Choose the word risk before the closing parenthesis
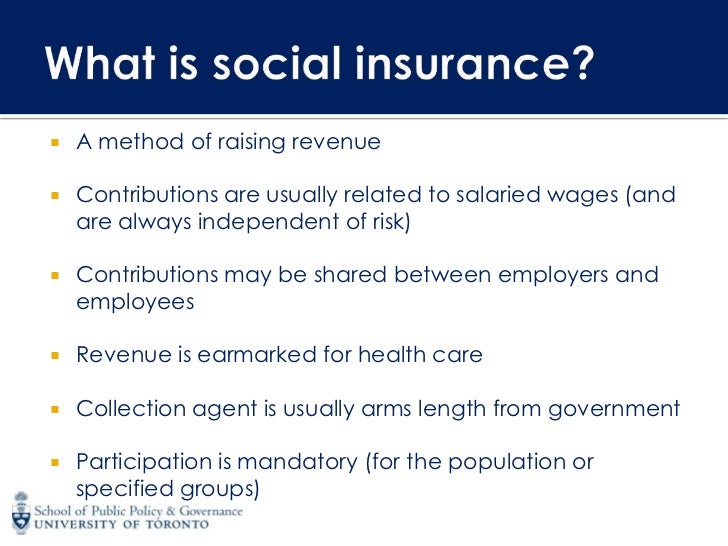[389, 222]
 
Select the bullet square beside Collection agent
[56, 409]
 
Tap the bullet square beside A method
[56, 143]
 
